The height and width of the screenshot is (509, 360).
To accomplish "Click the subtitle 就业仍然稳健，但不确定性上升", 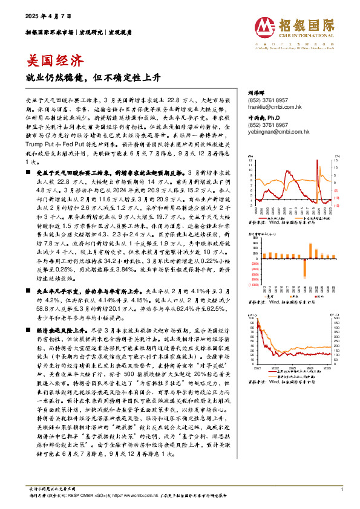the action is pos(84,79).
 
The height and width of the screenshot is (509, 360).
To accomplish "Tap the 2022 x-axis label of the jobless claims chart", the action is pos(275,366).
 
